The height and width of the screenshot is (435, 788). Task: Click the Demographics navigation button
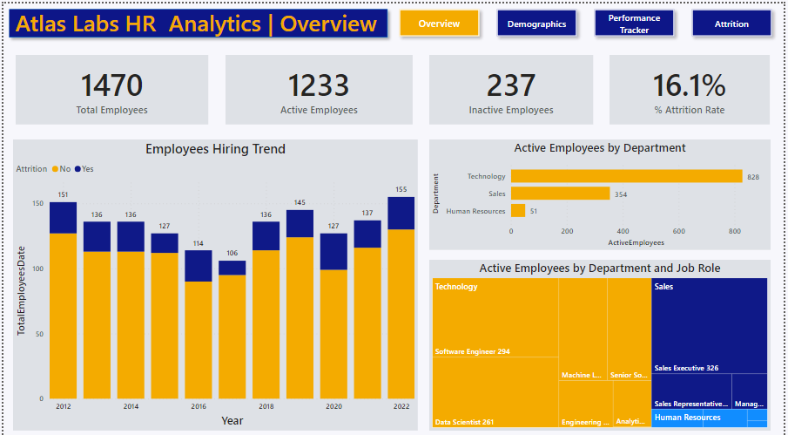[536, 24]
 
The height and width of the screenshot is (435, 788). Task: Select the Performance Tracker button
[634, 24]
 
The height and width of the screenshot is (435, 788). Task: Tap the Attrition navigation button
[731, 24]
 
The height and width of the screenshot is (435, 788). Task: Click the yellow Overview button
[439, 24]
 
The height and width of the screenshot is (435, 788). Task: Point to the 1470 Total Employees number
[111, 85]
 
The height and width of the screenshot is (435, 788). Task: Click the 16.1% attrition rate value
[689, 85]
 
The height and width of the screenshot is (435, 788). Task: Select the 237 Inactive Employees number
[511, 85]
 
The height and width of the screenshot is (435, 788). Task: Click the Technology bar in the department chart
[626, 176]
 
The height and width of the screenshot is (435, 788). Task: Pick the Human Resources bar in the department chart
[518, 210]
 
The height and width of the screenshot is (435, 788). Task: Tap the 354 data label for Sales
[622, 194]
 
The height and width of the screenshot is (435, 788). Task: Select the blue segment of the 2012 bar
[63, 218]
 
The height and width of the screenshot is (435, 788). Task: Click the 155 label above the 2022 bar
[401, 189]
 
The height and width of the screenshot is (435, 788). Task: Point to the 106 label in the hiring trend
[232, 254]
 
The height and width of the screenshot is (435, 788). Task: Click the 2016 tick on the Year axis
[198, 406]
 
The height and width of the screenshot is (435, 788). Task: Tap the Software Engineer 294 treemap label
[472, 351]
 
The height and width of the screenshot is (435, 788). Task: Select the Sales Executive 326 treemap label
[686, 368]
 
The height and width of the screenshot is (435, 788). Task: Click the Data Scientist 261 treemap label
[464, 422]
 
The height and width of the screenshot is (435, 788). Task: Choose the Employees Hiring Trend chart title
[215, 149]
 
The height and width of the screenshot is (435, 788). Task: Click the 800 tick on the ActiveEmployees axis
[735, 231]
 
